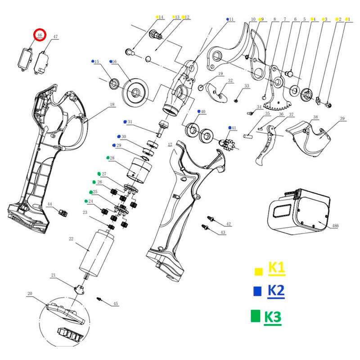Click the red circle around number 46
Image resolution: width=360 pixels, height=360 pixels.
[40, 35]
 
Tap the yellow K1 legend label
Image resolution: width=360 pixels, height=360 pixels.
[276, 268]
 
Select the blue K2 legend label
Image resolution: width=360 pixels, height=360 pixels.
[275, 291]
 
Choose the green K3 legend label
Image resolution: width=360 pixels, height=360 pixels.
[272, 317]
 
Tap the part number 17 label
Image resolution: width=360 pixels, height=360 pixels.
[170, 144]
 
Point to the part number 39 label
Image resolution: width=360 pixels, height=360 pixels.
[342, 118]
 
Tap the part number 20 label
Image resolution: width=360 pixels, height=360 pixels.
[30, 294]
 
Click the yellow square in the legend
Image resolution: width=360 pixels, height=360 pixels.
[259, 271]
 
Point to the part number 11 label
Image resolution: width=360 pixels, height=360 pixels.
[231, 19]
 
